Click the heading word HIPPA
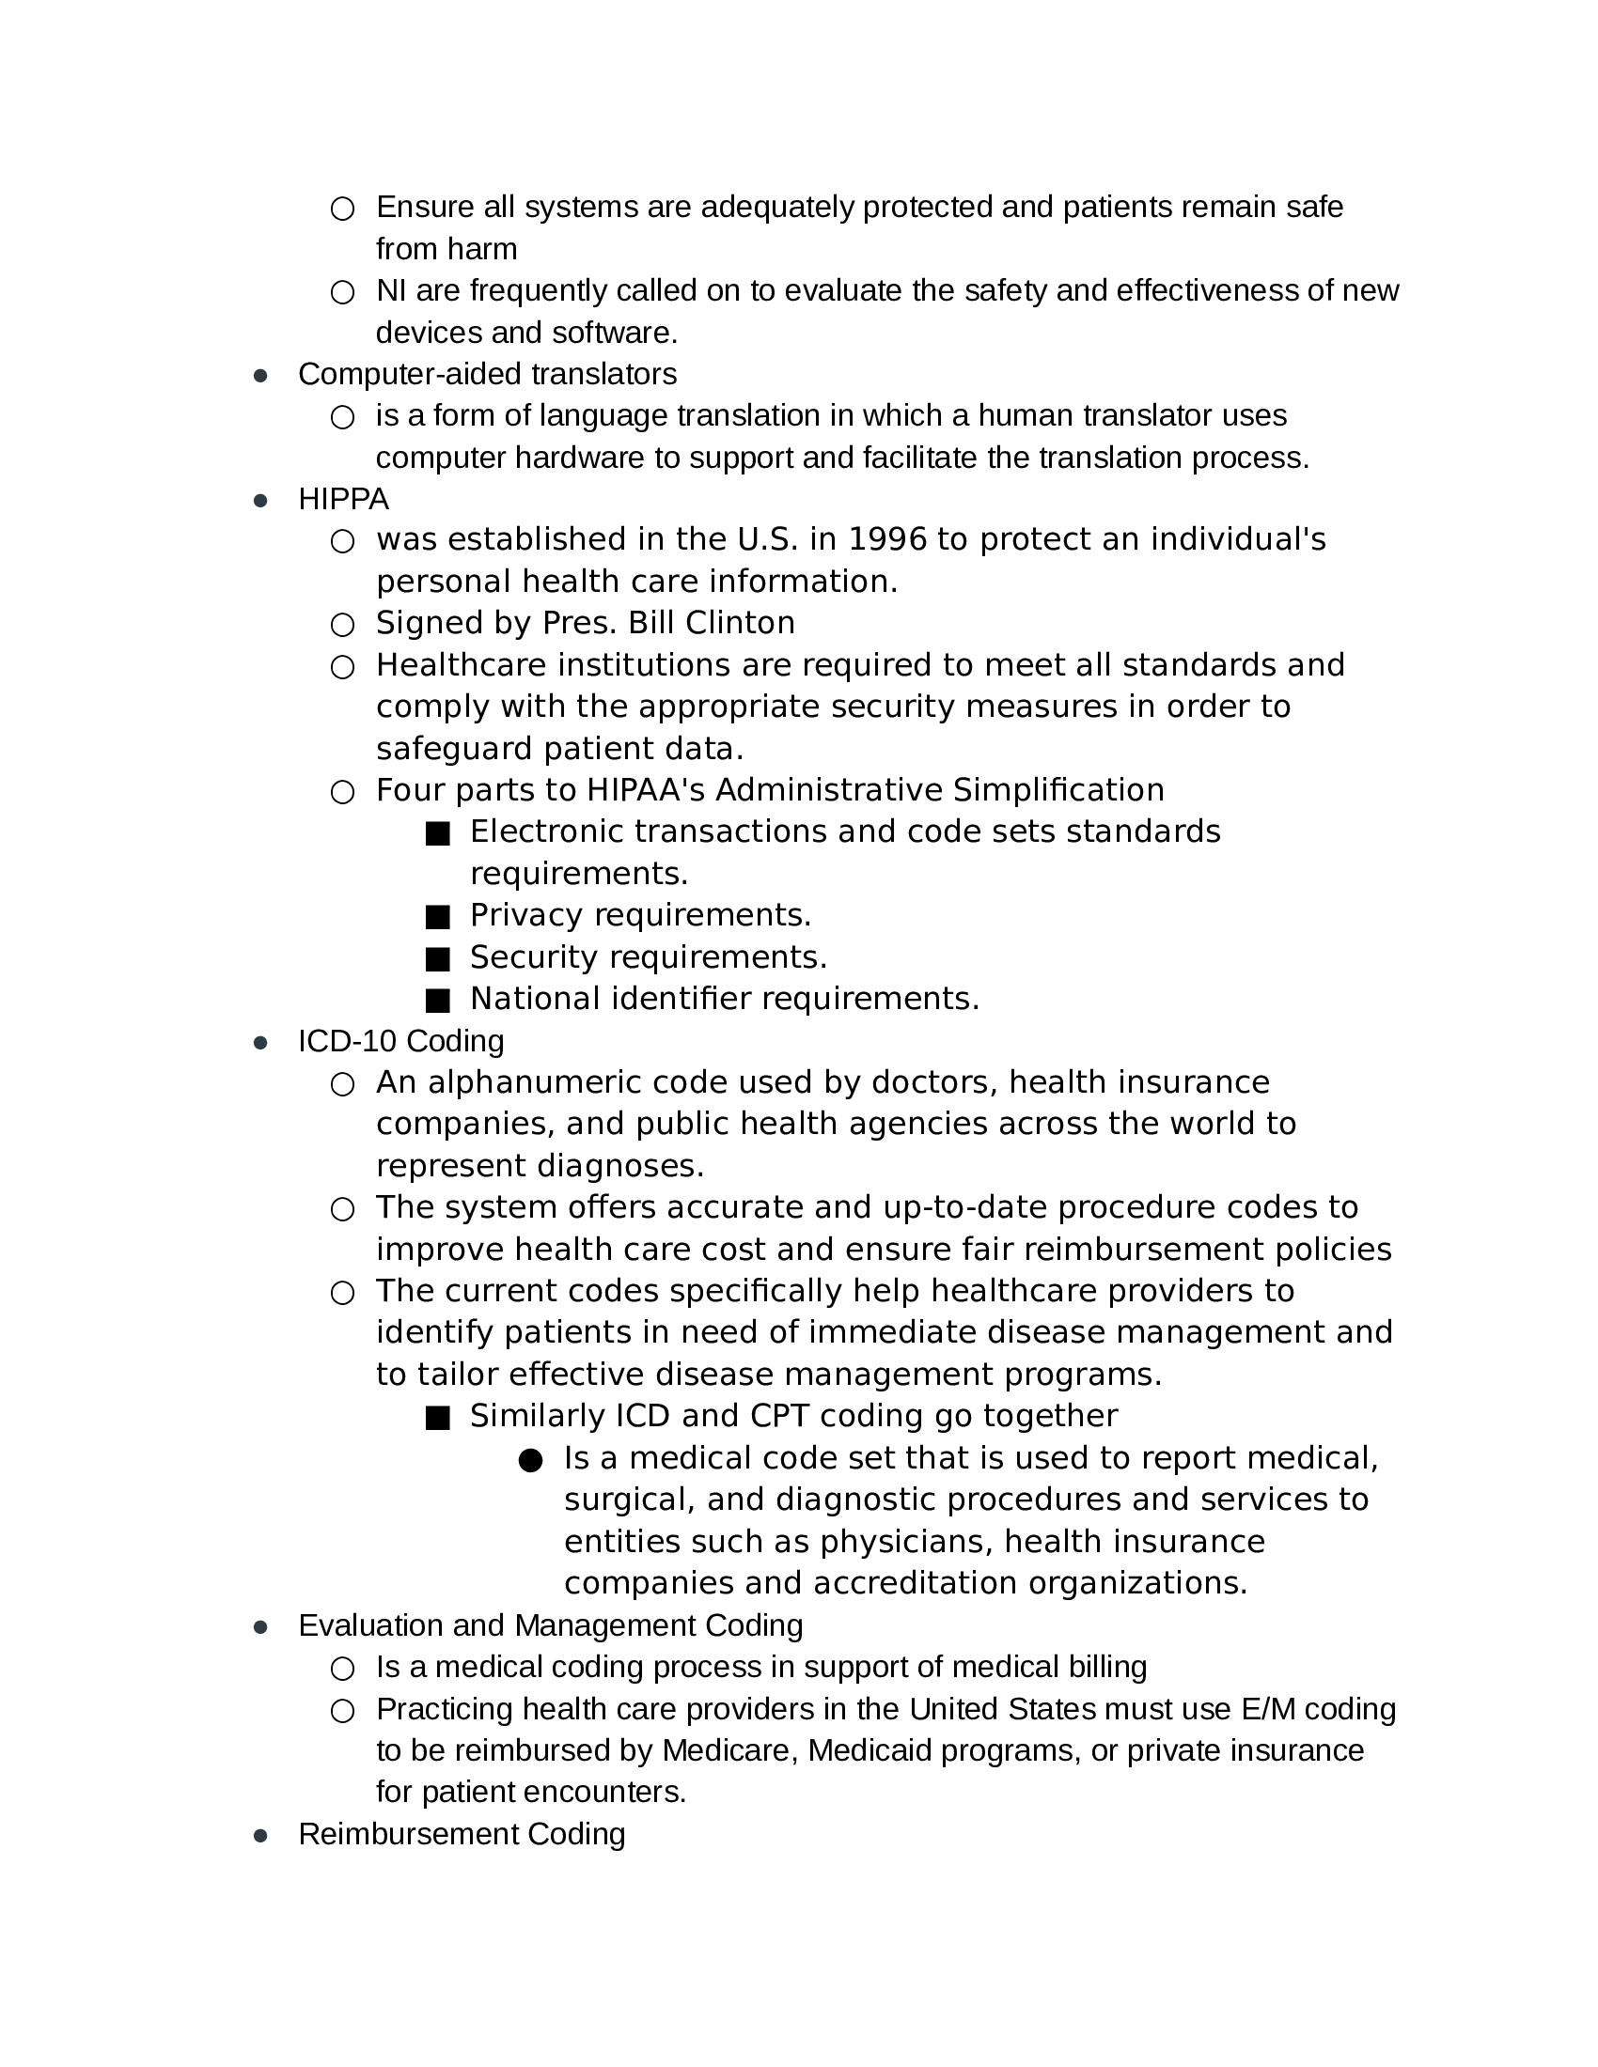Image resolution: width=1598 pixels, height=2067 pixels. [x=343, y=499]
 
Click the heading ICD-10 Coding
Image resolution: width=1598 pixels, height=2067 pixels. [x=400, y=1040]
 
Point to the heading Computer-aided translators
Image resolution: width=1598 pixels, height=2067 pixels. [x=487, y=374]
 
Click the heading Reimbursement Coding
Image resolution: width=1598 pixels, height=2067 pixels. [x=461, y=1833]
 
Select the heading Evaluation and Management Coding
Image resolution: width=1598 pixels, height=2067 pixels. [x=550, y=1624]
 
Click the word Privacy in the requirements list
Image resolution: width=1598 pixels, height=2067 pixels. [x=526, y=915]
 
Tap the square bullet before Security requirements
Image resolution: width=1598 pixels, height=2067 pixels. [x=437, y=958]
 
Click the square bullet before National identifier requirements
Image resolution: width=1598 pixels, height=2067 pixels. [x=437, y=1001]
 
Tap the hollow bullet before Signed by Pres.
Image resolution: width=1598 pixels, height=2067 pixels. [x=342, y=625]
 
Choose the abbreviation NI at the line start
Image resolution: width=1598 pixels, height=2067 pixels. [x=391, y=290]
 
